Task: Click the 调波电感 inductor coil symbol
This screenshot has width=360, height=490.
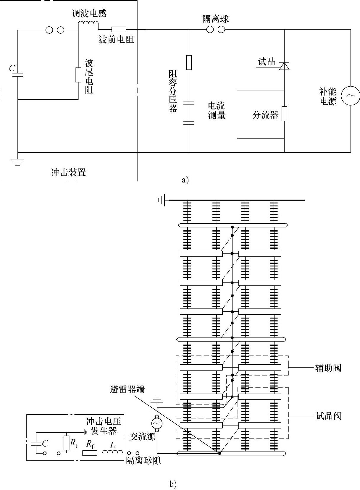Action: [88, 24]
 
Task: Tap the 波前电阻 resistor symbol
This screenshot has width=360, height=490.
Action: [119, 29]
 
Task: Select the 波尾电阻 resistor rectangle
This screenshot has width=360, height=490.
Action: [78, 75]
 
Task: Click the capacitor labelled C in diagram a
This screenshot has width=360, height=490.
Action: [18, 74]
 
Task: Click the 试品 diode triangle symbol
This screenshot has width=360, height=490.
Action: [284, 66]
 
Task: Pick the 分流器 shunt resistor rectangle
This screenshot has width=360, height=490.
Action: [284, 114]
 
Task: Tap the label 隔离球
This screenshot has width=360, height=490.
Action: [215, 20]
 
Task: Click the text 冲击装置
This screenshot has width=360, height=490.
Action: [68, 172]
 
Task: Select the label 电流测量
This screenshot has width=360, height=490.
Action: [217, 110]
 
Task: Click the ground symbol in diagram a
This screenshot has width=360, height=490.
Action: [17, 161]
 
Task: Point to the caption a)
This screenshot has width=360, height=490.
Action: [185, 180]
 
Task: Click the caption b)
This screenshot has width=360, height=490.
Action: [173, 484]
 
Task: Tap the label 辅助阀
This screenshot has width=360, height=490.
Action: [328, 368]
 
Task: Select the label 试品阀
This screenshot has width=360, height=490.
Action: [328, 416]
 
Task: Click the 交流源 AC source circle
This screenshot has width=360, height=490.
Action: [157, 423]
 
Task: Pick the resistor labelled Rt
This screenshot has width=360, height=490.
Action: [67, 443]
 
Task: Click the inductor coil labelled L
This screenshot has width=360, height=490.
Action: [112, 452]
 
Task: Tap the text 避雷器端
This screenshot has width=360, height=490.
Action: [127, 389]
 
